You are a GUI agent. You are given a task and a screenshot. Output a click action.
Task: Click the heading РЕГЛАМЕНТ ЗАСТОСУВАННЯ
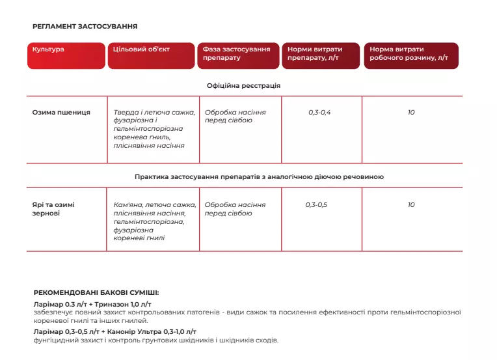coord(85,27)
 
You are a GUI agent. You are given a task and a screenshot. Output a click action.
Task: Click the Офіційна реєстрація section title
coord(244,85)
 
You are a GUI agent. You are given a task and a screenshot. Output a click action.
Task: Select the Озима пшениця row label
coord(61,112)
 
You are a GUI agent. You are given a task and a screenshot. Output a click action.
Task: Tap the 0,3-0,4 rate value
coord(319,112)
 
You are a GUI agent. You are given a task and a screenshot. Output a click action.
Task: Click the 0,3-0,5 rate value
coord(316,204)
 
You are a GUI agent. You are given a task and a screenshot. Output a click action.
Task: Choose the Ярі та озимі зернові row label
coord(53,208)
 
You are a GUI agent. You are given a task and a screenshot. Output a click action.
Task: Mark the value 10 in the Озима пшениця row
coord(411,112)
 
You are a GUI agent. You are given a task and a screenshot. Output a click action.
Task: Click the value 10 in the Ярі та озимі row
coord(411,204)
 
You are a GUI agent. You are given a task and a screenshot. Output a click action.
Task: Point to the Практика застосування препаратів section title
coord(259,176)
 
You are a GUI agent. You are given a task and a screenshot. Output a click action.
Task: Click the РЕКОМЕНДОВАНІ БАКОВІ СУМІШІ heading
coord(96,293)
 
